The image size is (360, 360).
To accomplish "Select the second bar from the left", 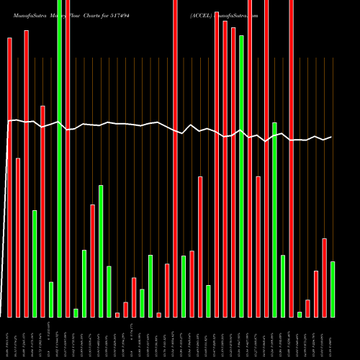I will (18, 238).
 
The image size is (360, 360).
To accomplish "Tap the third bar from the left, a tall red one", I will (27, 174).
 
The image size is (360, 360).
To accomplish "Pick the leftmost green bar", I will (35, 264).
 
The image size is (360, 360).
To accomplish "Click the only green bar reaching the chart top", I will (60, 158).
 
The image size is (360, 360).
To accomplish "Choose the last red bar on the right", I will (324, 277).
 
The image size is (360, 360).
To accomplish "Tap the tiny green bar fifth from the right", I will (300, 314).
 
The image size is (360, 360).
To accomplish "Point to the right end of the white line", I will (331, 137).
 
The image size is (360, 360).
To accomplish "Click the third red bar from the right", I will (307, 308).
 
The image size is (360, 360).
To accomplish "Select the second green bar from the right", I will (300, 314).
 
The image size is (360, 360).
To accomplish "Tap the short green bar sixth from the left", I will (51, 300).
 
